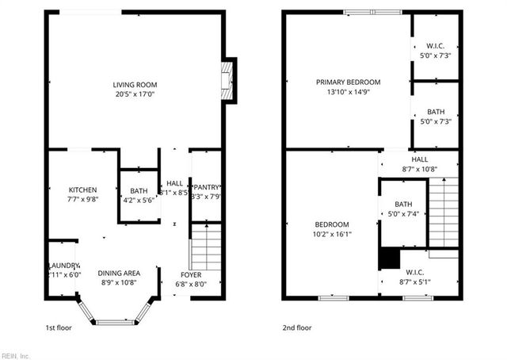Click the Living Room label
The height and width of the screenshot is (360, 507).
pyautogui.click(x=135, y=84)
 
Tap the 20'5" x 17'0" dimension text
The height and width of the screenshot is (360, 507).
pyautogui.click(x=135, y=94)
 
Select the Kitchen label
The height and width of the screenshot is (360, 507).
pyautogui.click(x=82, y=190)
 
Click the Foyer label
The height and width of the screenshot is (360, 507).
pyautogui.click(x=191, y=274)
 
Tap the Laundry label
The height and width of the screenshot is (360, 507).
pyautogui.click(x=63, y=265)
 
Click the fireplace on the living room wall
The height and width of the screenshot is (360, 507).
pyautogui.click(x=228, y=82)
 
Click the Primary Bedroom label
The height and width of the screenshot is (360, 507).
pyautogui.click(x=348, y=82)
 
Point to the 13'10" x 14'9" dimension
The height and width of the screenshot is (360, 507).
pyautogui.click(x=348, y=92)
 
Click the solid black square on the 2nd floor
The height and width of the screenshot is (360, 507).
pyautogui.click(x=388, y=259)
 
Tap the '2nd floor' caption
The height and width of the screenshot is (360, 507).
pyautogui.click(x=297, y=327)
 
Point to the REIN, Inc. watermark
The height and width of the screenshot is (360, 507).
pyautogui.click(x=15, y=354)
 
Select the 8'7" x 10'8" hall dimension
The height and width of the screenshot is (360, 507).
pyautogui.click(x=419, y=169)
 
